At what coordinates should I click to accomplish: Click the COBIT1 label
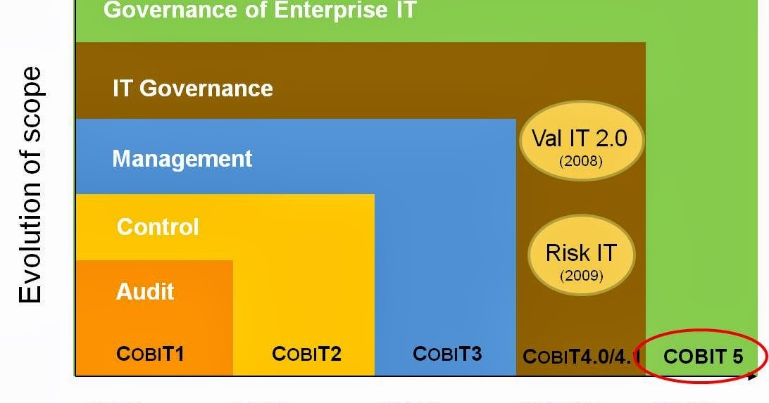point(150,354)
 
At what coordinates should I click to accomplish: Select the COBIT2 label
point(306,354)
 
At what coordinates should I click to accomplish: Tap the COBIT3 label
point(447,354)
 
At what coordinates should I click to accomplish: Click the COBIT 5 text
point(704,357)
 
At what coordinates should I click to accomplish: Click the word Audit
point(144,291)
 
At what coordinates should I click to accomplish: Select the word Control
point(158,226)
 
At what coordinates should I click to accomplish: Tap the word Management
point(182,159)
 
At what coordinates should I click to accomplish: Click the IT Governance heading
point(193,89)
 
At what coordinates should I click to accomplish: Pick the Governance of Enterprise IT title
point(260,10)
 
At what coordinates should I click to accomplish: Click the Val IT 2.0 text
point(580,139)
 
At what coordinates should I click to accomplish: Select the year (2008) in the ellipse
point(581,161)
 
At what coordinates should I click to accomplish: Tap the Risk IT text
point(581,253)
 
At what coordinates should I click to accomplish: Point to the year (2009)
point(582,275)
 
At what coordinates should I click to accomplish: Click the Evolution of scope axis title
point(30,184)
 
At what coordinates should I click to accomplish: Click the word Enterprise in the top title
point(330,10)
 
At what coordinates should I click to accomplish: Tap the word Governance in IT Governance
point(206,89)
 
